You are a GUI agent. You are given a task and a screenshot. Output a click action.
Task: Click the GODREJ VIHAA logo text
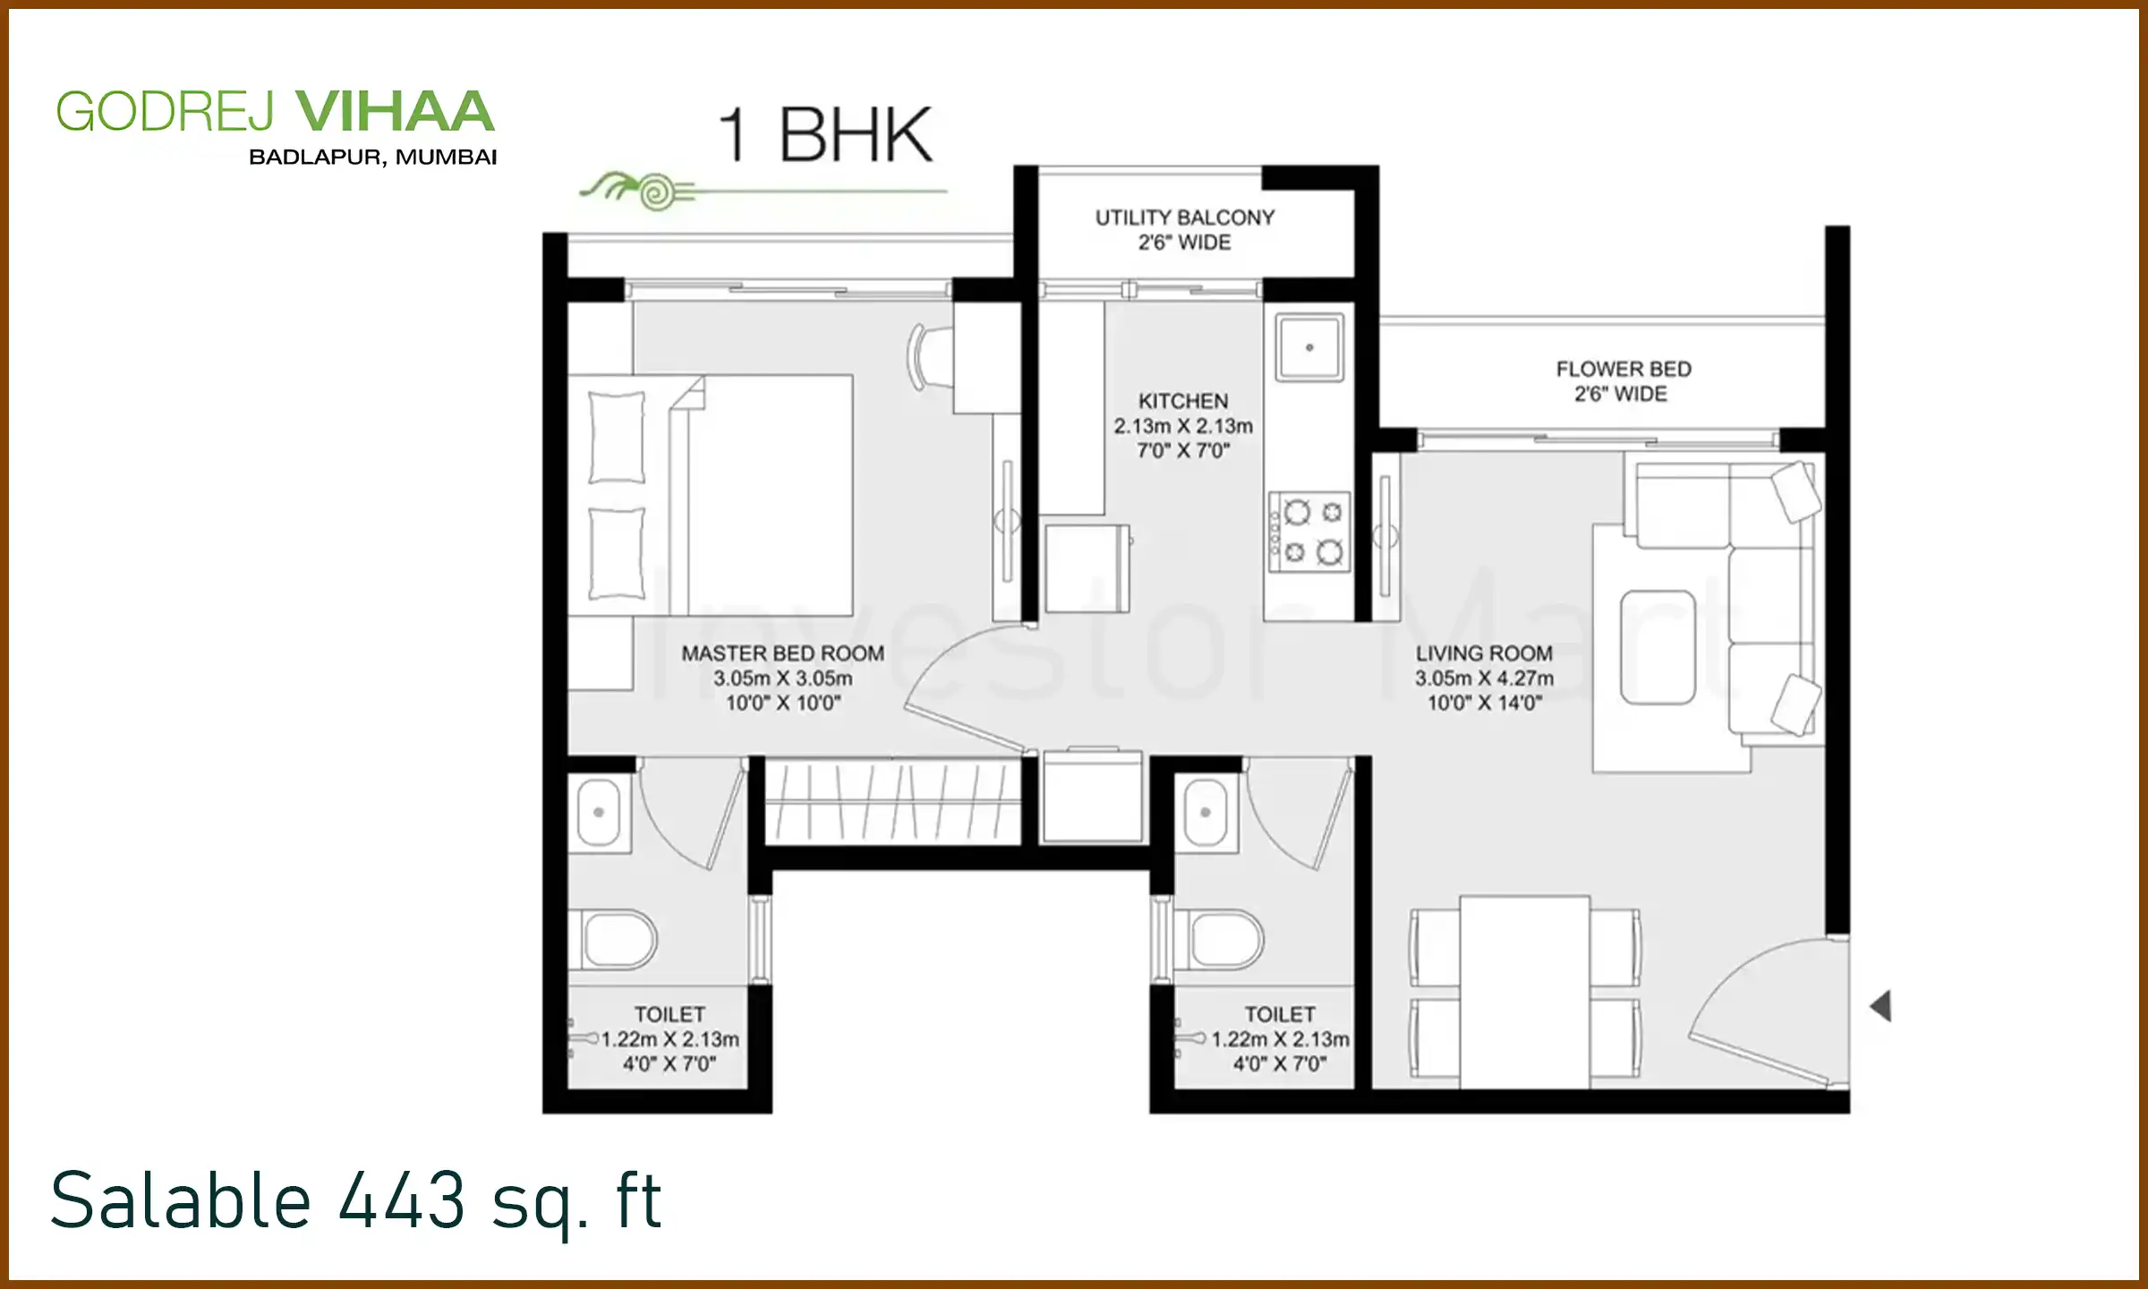tap(274, 112)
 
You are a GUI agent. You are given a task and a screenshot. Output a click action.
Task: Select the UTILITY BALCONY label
tap(1184, 218)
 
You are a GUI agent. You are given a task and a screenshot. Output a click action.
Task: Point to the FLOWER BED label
tap(1623, 370)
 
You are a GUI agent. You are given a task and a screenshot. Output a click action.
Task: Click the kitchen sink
tap(1308, 347)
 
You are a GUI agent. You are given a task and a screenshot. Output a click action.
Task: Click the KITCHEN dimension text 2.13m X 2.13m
tap(1182, 426)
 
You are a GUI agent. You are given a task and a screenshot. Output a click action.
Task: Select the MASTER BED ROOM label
tap(782, 653)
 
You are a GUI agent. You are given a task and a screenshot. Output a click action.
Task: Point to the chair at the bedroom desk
tap(929, 357)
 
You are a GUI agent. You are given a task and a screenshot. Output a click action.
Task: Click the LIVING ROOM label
tap(1483, 653)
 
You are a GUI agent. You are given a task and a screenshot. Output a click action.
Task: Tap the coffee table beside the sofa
tap(1658, 647)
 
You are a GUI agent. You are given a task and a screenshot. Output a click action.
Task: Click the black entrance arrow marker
tap(1881, 1006)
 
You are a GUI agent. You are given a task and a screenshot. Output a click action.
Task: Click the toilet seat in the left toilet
tap(618, 940)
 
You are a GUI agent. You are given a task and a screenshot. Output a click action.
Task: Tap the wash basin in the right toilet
tap(1205, 812)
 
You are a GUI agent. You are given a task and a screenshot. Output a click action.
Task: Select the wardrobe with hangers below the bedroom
tap(892, 801)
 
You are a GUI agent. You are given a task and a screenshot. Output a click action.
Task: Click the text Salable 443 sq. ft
tap(355, 1201)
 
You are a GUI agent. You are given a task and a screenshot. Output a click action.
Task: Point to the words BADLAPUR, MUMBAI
tap(372, 158)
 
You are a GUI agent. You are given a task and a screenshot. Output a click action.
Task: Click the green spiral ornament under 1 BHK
tap(656, 192)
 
